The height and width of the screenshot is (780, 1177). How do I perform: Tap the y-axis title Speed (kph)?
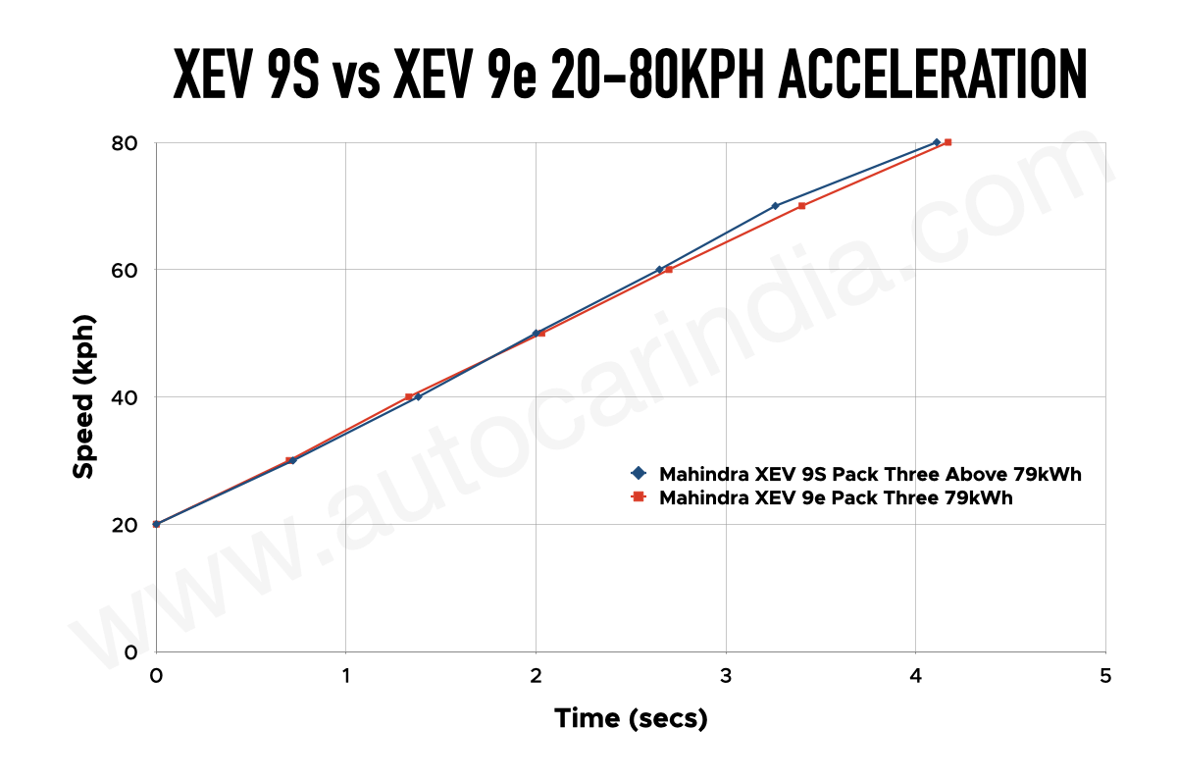(84, 397)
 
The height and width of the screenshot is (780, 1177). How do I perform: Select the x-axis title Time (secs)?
(631, 718)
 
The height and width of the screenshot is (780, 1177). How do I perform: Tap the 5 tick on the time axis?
(1105, 676)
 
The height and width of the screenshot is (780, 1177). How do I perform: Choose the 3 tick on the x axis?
(726, 676)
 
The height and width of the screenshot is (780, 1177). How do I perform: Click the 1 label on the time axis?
(345, 676)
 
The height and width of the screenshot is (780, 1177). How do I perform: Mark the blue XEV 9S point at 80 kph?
(937, 142)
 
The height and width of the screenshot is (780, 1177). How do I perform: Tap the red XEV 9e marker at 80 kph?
(947, 142)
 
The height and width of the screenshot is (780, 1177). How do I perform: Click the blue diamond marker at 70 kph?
(775, 206)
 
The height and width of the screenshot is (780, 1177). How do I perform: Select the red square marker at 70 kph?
(801, 206)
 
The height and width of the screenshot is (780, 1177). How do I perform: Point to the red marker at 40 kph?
(409, 396)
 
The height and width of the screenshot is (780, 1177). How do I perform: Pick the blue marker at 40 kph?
(418, 396)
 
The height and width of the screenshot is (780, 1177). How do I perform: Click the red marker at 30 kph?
(289, 460)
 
